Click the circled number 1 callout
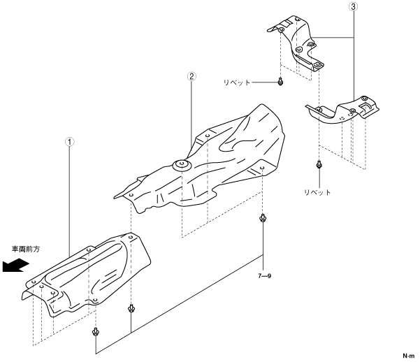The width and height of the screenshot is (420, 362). pyautogui.click(x=70, y=142)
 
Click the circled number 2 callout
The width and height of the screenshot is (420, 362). pyautogui.click(x=191, y=77)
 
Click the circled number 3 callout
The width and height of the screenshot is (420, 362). pyautogui.click(x=354, y=7)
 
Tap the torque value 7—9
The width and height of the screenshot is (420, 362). pyautogui.click(x=265, y=276)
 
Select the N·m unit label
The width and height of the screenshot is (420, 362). pyautogui.click(x=409, y=356)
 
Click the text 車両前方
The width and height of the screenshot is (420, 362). pyautogui.click(x=26, y=249)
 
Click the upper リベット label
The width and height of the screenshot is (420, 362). pyautogui.click(x=237, y=82)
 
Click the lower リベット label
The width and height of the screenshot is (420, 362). pyautogui.click(x=317, y=192)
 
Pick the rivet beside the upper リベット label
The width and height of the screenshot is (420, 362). pyautogui.click(x=280, y=82)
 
